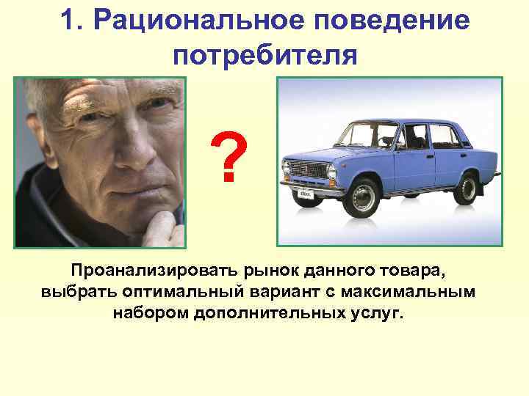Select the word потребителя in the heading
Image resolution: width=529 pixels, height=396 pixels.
tap(266, 56)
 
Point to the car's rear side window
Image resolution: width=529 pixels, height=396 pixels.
tap(443, 136)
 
